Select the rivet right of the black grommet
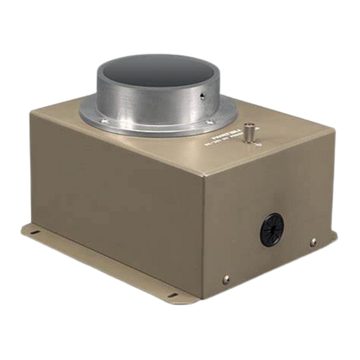(x=314, y=239)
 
